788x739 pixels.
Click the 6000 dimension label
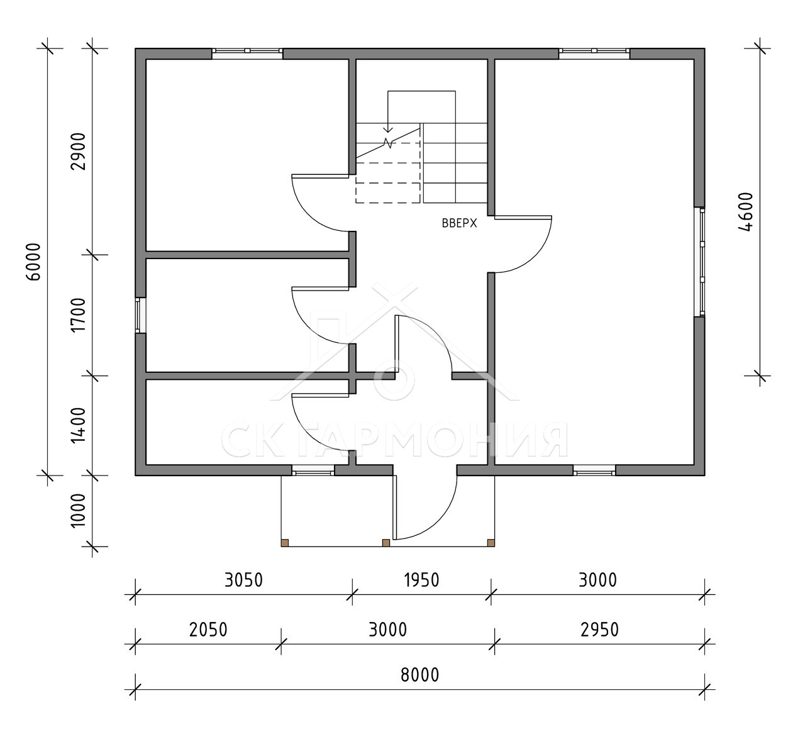coord(35,262)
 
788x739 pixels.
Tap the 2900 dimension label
coord(79,151)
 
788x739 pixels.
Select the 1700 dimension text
coord(79,315)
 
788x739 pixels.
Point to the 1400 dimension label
coord(79,425)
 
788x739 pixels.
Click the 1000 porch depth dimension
coord(79,511)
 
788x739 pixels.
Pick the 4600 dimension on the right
coord(745,212)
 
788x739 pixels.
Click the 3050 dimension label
coord(243,580)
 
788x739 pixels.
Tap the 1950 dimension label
coord(421,580)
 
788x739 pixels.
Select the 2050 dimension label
coord(208,630)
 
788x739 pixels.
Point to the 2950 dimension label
coord(599,630)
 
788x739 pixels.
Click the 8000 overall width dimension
coord(420,675)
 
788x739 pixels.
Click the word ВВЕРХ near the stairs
coord(459,223)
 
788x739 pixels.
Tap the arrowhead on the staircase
coord(388,130)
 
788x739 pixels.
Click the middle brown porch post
coord(386,543)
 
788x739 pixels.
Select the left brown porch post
coord(285,543)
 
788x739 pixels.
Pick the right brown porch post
coord(491,543)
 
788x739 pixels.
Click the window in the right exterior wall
coord(699,262)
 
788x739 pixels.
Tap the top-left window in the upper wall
coord(247,53)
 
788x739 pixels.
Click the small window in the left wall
coord(140,315)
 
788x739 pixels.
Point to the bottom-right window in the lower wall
coord(594,470)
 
